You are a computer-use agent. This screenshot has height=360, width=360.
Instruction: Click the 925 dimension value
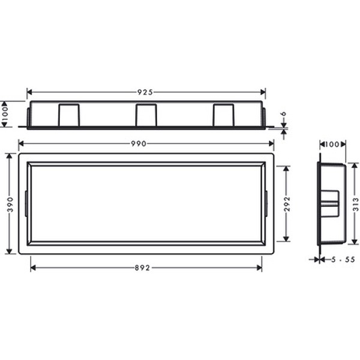tap(146, 92)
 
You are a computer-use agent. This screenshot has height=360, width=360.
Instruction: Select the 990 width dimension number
tap(146, 143)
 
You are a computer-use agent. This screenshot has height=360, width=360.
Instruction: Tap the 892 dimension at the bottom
tap(146, 268)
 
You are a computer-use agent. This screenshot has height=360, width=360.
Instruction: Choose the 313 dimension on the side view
tap(355, 205)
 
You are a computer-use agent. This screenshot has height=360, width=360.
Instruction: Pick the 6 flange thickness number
tap(283, 113)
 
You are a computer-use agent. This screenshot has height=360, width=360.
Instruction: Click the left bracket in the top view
tap(68, 115)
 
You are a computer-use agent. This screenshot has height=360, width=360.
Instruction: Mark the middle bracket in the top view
tap(146, 115)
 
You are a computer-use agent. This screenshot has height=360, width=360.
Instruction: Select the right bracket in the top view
tap(223, 115)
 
